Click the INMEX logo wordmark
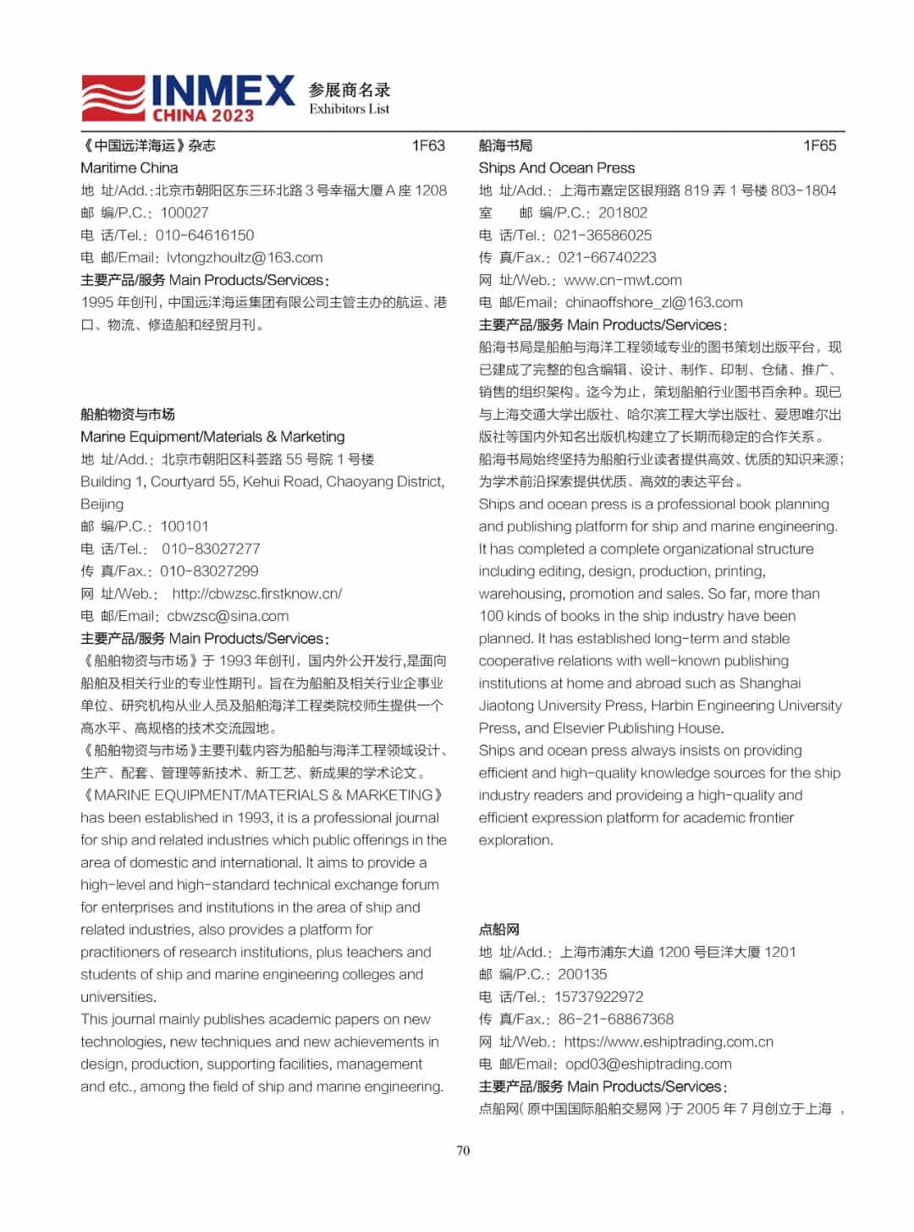223,91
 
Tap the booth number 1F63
428,146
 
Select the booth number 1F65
819,146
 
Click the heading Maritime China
129,168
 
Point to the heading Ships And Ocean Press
556,168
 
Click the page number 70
463,1150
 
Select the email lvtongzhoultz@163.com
245,257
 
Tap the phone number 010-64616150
205,235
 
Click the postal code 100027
184,212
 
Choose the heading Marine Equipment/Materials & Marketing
212,437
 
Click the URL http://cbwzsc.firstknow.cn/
257,593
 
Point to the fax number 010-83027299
210,571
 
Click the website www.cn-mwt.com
623,280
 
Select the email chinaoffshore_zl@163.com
654,302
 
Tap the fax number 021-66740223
607,257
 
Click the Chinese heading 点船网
499,929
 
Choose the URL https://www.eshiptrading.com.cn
669,1042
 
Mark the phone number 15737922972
598,997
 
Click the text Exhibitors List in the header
350,109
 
